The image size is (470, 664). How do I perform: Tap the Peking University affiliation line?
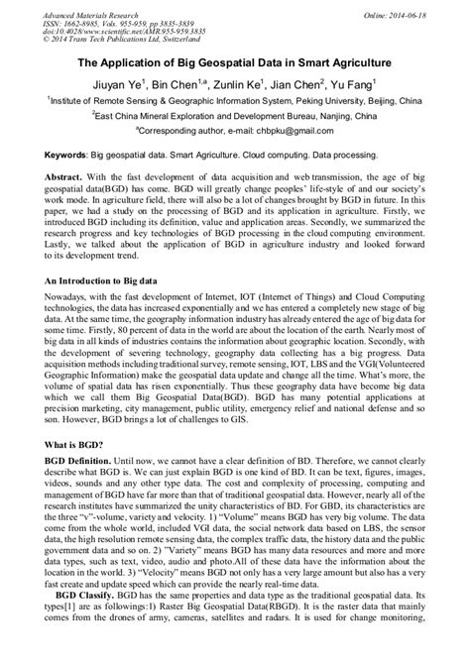pyautogui.click(x=234, y=100)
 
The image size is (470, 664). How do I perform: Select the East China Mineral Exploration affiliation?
pyautogui.click(x=234, y=115)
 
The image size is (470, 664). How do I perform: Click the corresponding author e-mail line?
pyautogui.click(x=234, y=130)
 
